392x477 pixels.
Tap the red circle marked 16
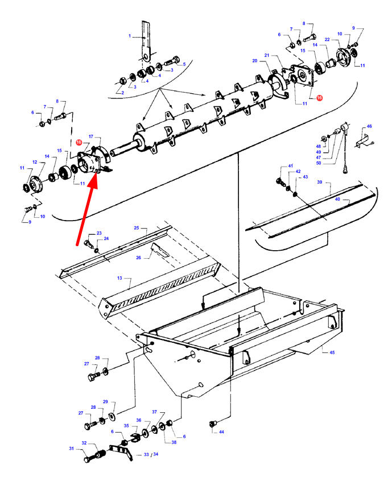(x=319, y=98)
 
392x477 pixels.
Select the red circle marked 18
(x=79, y=142)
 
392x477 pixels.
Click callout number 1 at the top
(x=130, y=36)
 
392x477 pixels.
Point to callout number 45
(x=332, y=352)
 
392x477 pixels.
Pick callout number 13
(x=120, y=279)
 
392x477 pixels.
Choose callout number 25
(x=137, y=227)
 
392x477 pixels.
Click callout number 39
(x=320, y=182)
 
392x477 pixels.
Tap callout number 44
(x=221, y=432)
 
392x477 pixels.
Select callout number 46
(x=369, y=126)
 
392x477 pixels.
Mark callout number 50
(x=319, y=163)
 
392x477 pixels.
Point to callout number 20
(x=255, y=60)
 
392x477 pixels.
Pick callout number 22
(x=328, y=39)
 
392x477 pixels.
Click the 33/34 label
(x=150, y=455)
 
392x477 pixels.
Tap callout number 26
(x=138, y=258)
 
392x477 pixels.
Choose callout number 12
(x=34, y=163)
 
